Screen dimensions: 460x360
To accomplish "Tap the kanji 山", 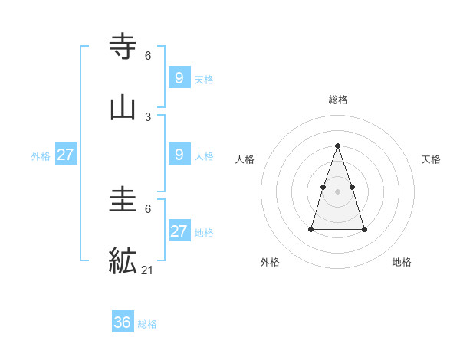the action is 123,108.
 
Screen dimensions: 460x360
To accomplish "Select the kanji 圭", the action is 123,201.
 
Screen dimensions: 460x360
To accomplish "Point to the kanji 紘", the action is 123,260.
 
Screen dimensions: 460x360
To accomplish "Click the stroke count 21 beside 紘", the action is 148,270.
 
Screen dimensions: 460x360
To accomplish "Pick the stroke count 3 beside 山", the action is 148,117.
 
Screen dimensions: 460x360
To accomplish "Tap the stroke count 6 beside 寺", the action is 148,56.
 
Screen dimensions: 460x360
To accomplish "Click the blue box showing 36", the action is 123,322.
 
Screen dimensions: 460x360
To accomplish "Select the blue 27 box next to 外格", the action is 66,155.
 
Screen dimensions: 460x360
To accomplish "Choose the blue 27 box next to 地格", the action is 179,231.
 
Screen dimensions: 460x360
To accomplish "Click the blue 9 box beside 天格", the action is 179,77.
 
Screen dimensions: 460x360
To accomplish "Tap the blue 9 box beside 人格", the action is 179,155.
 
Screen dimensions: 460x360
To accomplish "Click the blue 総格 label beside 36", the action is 147,324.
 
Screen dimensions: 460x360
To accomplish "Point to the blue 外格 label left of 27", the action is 41,156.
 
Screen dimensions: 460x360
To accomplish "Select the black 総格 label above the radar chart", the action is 338,100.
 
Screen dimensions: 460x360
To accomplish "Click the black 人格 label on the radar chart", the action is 245,159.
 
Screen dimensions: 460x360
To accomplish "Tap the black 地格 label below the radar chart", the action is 402,262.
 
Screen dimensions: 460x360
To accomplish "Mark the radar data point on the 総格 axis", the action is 338,146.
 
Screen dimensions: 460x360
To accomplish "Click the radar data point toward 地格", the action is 364,229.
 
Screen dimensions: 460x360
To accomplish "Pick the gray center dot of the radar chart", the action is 338,191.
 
